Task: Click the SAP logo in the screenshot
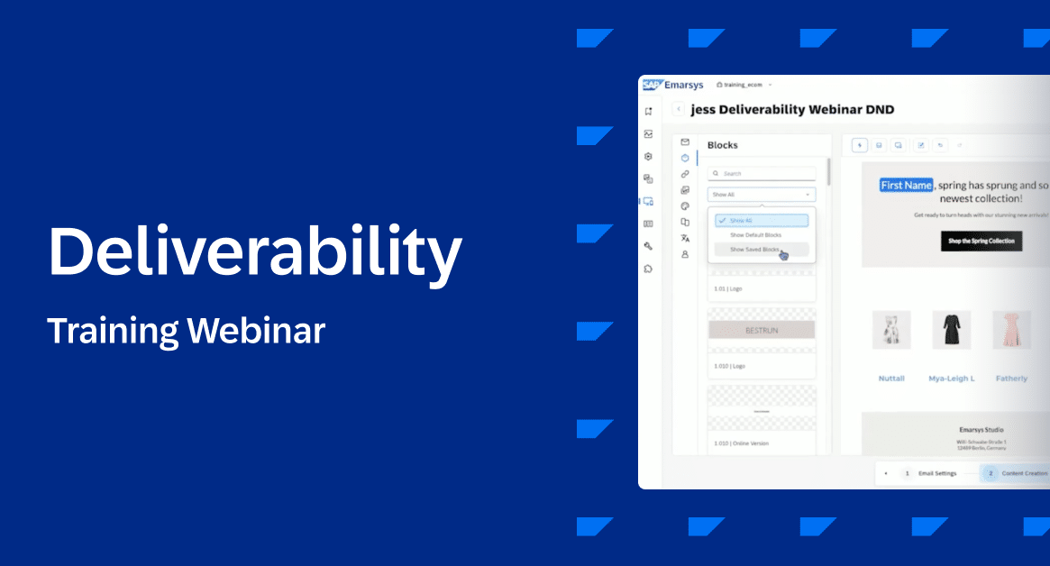coord(652,85)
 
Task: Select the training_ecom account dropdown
coord(744,85)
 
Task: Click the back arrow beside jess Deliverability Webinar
coord(678,109)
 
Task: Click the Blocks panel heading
coord(723,145)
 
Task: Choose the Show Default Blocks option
coord(755,235)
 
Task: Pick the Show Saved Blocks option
coord(755,250)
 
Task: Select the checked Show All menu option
coord(762,220)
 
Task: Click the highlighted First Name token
coord(906,185)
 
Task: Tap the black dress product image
coord(951,330)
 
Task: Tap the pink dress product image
coord(1011,330)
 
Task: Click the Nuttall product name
coord(891,379)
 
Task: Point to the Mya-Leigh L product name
coord(951,379)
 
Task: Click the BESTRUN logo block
coord(762,330)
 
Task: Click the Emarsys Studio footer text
coord(982,430)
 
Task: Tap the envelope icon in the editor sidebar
coord(685,142)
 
